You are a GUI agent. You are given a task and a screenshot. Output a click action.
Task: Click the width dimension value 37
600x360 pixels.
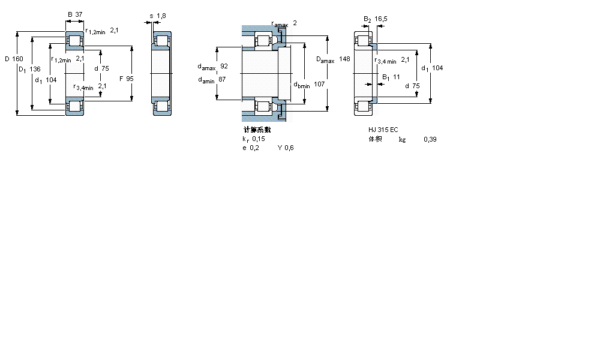click(79, 14)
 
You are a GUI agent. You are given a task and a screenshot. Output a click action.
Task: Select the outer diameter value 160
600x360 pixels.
click(17, 59)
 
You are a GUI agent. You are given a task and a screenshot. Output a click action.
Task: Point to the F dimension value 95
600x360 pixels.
click(130, 78)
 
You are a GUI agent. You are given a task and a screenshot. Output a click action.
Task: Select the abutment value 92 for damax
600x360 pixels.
click(224, 66)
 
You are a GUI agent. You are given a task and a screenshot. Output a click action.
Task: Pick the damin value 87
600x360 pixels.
click(222, 79)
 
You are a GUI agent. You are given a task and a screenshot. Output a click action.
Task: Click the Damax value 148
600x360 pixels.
click(344, 59)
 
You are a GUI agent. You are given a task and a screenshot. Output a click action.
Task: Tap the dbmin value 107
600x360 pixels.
click(319, 85)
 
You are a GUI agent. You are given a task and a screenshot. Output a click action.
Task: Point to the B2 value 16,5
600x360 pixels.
click(381, 19)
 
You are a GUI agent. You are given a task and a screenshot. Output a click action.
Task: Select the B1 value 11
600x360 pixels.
click(396, 77)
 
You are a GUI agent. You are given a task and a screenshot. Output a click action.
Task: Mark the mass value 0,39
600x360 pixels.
click(430, 139)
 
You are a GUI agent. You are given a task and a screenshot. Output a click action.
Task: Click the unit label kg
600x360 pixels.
click(402, 139)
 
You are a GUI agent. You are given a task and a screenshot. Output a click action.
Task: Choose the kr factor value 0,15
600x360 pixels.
click(258, 139)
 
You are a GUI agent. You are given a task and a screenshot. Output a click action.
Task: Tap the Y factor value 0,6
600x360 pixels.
click(289, 148)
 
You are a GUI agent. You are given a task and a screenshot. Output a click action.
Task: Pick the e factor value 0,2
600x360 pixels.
click(255, 148)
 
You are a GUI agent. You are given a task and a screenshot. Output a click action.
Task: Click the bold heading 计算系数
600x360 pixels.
click(257, 130)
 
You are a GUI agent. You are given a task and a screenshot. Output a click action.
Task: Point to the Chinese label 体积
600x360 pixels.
click(375, 139)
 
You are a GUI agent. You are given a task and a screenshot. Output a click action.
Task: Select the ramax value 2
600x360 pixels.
click(295, 23)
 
